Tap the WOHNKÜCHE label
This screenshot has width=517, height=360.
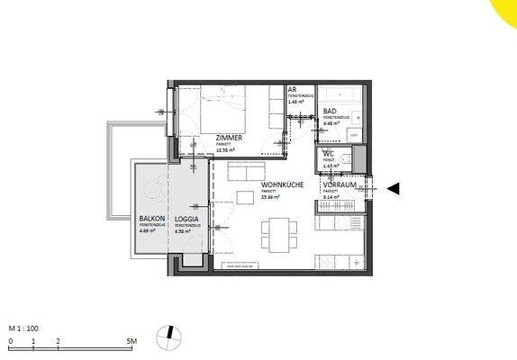click(284, 184)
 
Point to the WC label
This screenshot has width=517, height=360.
click(329, 155)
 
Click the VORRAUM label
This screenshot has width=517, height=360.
click(340, 184)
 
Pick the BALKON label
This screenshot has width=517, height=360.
click(150, 219)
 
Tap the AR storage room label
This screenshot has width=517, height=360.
click(293, 91)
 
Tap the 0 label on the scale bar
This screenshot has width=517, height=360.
click(11, 342)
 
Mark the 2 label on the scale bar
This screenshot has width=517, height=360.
click(58, 342)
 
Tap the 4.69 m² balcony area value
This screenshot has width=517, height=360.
click(148, 231)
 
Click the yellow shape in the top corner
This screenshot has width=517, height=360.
click(507, 10)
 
